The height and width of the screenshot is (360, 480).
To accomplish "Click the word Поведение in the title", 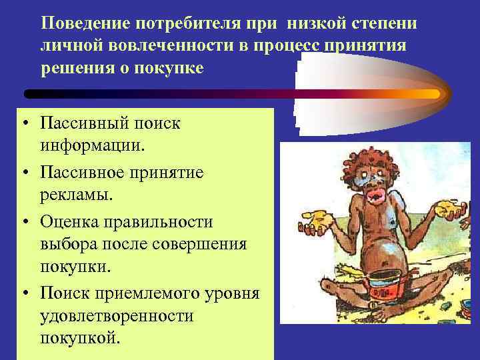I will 85,25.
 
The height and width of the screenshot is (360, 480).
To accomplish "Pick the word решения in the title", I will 75,69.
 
